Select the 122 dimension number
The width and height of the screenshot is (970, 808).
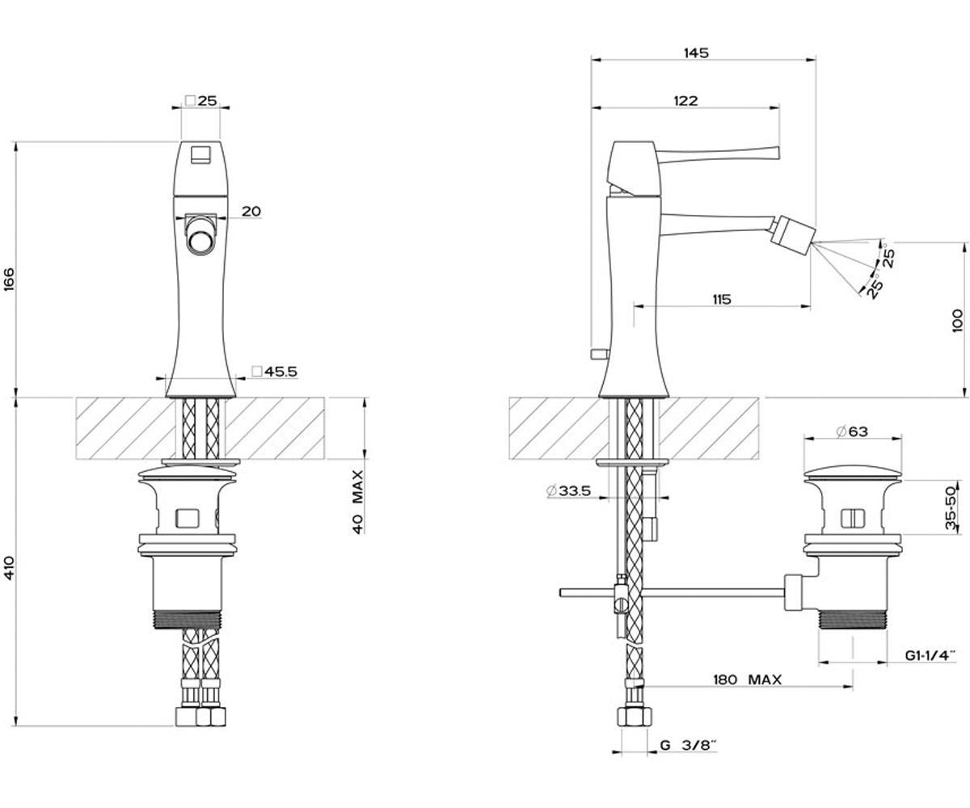pos(685,101)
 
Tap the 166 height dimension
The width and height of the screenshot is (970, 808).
pos(10,279)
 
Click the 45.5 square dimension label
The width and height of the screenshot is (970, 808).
pos(275,372)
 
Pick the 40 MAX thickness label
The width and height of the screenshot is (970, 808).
pos(357,502)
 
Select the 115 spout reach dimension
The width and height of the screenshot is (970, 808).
pos(722,299)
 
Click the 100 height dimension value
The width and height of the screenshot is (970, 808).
pos(957,321)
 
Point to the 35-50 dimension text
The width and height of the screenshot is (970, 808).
pos(952,508)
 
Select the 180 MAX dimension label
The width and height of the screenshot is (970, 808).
pos(748,680)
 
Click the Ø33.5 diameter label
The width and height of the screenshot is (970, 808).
pos(568,490)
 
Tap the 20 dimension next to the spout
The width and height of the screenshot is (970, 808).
pos(251,211)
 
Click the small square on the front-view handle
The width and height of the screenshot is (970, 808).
pos(201,154)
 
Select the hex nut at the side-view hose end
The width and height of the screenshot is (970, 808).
pos(634,717)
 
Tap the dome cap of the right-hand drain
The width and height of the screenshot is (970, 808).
pos(853,474)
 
